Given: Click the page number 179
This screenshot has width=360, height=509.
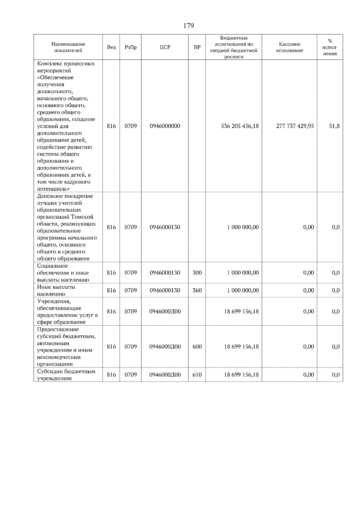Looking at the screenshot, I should coord(188,26).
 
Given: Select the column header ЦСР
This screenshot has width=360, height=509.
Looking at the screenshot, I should coord(165,47).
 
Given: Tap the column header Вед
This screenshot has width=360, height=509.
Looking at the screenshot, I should coord(111,47).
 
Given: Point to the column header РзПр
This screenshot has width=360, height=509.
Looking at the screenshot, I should coord(130,47).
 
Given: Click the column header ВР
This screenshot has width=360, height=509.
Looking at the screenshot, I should coord(197,47).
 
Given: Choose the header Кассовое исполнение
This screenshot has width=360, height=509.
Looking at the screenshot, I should coord(289,47).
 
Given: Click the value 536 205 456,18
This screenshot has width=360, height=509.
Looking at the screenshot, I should coord(240,126).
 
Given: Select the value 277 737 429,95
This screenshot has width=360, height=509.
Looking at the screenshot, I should coord(295,126).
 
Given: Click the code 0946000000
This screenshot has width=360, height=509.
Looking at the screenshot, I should coord(165,126).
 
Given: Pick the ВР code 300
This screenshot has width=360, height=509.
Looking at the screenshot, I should coord(197,273).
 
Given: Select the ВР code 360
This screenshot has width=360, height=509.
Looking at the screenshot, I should coord(197,290).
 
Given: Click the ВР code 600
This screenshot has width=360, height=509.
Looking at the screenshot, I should coord(197,347).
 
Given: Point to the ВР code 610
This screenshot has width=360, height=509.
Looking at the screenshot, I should coord(197,375).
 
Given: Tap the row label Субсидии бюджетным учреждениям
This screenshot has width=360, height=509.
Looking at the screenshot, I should coord(66,375).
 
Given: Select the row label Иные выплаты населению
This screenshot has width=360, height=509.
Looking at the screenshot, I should coord(56,290).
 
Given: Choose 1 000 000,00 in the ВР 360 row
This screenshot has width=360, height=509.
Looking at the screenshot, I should coord(243,290).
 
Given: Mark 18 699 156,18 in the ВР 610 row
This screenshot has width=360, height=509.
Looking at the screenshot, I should coord(241,375).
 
